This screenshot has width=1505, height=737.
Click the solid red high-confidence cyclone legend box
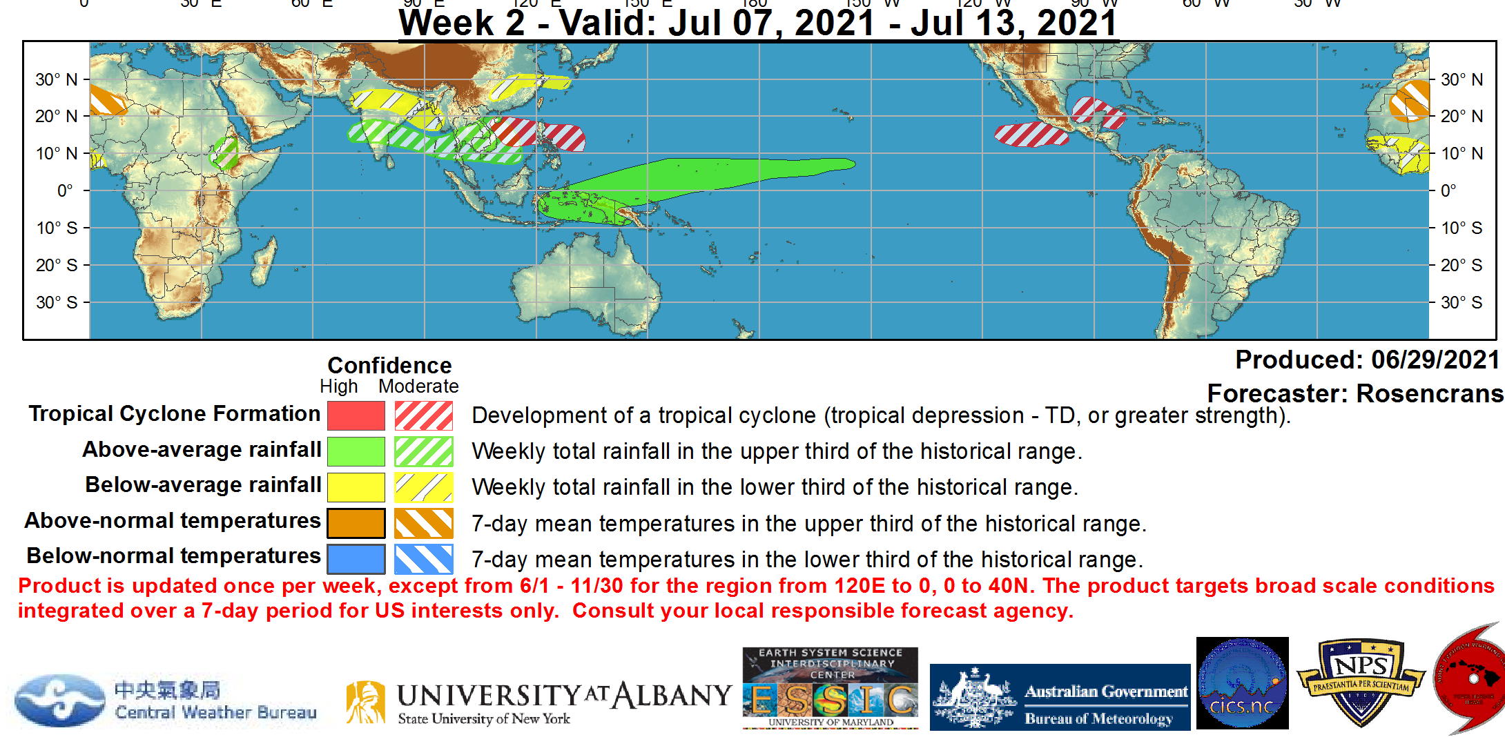(x=356, y=415)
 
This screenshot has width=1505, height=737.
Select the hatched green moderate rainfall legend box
(x=423, y=452)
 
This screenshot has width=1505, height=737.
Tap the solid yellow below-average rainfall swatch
(x=356, y=487)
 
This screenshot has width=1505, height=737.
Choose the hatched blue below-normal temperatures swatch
(x=423, y=559)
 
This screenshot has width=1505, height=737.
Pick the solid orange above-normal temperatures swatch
(x=356, y=523)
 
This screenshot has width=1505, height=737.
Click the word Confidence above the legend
(x=389, y=365)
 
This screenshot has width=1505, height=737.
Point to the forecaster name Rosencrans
(x=1429, y=393)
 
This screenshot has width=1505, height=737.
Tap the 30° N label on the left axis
(x=57, y=79)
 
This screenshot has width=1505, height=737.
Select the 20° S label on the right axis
(x=1461, y=265)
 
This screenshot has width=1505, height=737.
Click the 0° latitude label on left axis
(x=65, y=190)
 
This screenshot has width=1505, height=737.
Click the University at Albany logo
(x=538, y=702)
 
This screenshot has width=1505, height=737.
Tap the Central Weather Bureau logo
(x=166, y=700)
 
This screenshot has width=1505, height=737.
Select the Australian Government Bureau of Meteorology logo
(x=1060, y=697)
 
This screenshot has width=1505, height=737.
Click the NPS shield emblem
(x=1360, y=682)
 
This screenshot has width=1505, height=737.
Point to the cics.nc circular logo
(x=1242, y=683)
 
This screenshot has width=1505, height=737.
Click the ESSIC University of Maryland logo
(x=830, y=688)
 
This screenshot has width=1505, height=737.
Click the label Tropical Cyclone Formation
(x=174, y=414)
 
